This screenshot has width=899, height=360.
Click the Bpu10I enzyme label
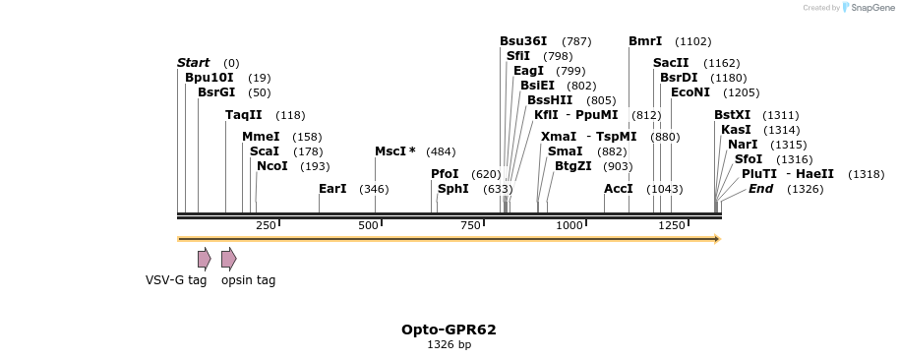tap(209, 78)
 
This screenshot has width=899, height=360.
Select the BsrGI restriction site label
tap(216, 92)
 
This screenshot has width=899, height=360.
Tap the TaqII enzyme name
tap(244, 115)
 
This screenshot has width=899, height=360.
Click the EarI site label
tap(332, 189)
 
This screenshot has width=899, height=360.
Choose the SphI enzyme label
tap(453, 189)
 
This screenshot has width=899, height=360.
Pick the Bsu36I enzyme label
tap(523, 41)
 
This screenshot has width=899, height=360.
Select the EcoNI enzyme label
tap(689, 92)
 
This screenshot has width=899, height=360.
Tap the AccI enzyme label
tap(619, 189)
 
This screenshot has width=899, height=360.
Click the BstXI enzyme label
tap(732, 115)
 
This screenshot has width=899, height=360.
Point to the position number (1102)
tap(692, 41)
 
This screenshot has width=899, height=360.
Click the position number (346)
tap(374, 189)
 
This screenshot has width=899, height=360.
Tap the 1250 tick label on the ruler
tap(672, 226)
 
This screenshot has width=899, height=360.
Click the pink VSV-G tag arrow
tap(204, 259)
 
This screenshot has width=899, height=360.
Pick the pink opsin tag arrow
tap(228, 259)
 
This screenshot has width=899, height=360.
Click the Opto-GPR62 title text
tap(449, 330)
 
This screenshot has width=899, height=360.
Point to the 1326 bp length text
tap(449, 345)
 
